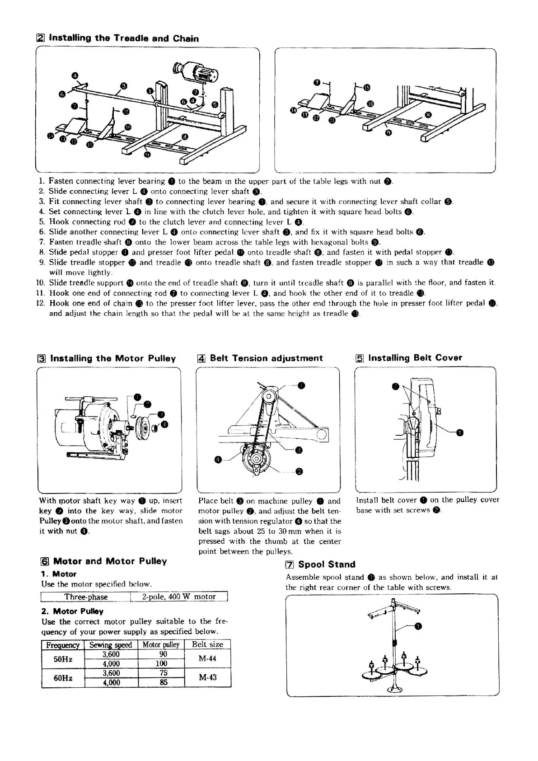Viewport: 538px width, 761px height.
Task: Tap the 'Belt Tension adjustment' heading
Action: tap(266, 358)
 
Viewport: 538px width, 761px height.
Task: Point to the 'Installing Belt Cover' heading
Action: tap(415, 358)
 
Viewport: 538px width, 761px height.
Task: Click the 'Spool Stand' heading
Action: tap(327, 564)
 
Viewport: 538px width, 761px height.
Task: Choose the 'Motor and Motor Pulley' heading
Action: tap(110, 561)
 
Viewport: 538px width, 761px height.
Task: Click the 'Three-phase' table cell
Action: tap(86, 597)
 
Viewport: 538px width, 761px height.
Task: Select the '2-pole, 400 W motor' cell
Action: tap(179, 597)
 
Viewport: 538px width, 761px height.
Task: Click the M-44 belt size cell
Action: tap(207, 658)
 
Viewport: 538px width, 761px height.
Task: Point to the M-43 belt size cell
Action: tap(207, 677)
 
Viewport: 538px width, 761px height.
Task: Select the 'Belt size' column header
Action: tap(207, 644)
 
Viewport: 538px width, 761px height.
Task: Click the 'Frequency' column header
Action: tap(63, 645)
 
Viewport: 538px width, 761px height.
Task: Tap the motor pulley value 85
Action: tap(164, 682)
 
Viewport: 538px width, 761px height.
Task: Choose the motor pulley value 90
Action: tap(164, 654)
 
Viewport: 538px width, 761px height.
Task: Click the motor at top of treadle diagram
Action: tap(199, 71)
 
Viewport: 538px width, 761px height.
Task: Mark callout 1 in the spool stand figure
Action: tap(418, 626)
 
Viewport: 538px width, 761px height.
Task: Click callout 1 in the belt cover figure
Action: tap(460, 433)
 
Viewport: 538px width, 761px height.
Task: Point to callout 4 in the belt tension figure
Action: tap(218, 460)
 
